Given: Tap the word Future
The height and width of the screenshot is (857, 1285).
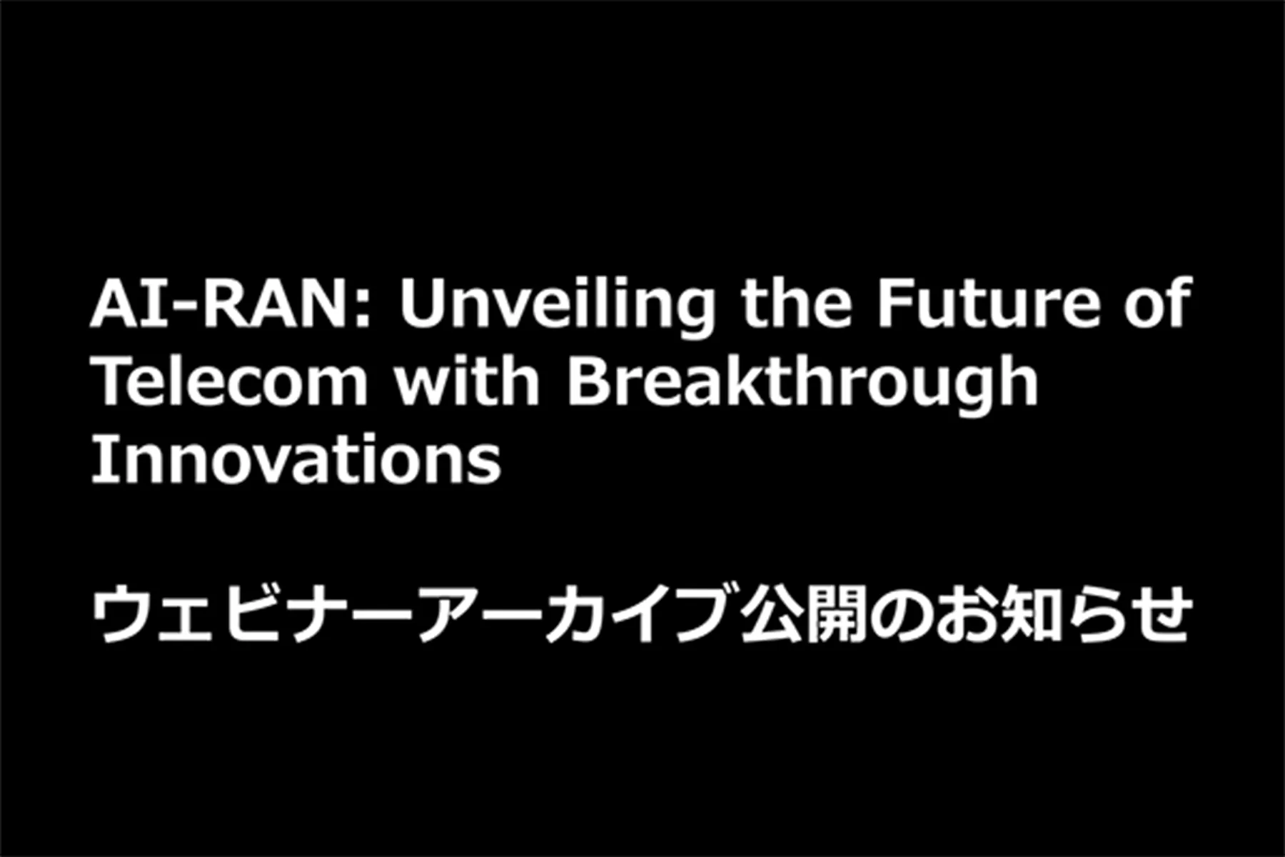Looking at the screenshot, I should click(989, 303).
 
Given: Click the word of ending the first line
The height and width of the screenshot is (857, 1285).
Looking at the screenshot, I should click(1158, 303).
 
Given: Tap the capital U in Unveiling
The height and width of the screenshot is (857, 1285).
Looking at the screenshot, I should click(422, 303).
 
